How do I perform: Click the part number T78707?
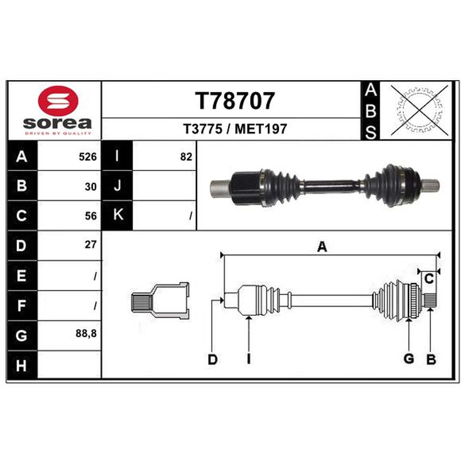pos(235,100)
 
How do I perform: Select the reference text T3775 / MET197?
pos(235,129)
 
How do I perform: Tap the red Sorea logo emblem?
pos(58,101)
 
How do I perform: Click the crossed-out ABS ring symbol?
pos(420,111)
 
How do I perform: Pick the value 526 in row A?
pos(88,157)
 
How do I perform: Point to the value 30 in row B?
pos(90,187)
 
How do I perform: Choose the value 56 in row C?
pos(90,216)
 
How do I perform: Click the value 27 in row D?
pos(90,244)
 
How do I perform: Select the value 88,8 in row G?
pos(86,334)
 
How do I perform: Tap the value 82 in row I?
pos(186,157)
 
